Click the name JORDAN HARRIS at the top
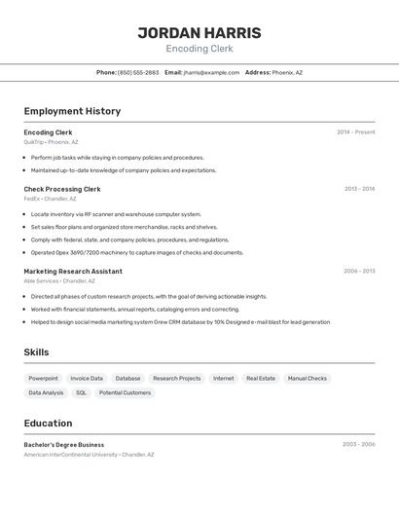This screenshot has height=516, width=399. (x=199, y=32)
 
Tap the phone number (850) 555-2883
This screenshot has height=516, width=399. (x=138, y=72)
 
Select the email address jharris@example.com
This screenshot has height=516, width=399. (x=211, y=72)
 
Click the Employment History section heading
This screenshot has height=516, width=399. (x=72, y=111)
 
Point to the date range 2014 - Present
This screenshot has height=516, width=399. (x=355, y=132)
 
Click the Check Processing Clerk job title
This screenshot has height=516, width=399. (x=62, y=189)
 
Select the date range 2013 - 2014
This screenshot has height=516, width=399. (x=359, y=189)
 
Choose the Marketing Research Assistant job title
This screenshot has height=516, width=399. (x=73, y=271)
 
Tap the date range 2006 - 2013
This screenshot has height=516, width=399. (x=359, y=271)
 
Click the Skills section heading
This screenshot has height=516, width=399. (x=36, y=352)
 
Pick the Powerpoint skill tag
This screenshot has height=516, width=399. (x=43, y=378)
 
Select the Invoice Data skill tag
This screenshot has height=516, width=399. (x=87, y=378)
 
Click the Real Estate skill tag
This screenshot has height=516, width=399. (x=261, y=378)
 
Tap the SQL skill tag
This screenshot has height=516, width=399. (x=81, y=392)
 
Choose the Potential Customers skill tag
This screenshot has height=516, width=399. (x=125, y=392)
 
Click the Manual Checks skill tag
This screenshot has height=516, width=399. (x=308, y=378)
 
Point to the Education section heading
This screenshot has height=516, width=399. (x=48, y=424)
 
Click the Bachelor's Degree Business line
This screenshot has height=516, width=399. (x=64, y=444)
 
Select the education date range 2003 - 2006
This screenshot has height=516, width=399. (x=358, y=444)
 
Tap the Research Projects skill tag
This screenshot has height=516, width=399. (x=176, y=378)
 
